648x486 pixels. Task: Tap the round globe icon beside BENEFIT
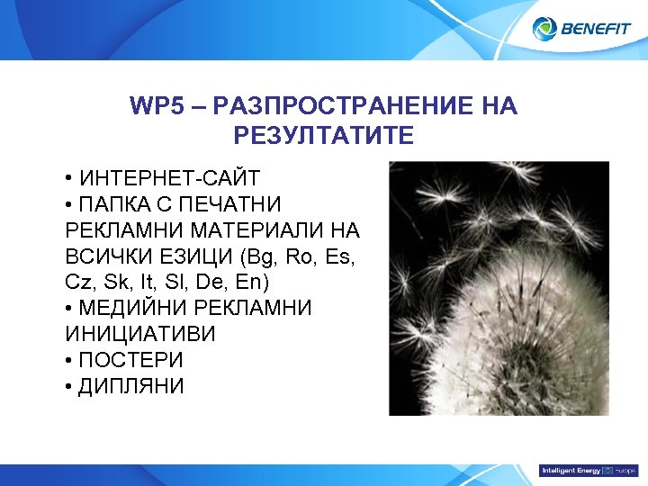tap(545, 29)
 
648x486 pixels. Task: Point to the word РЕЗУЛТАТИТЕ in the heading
tap(323, 136)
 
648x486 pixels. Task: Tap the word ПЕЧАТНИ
tap(235, 202)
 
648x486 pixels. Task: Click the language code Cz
tap(78, 282)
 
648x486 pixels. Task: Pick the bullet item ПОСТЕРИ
tap(131, 360)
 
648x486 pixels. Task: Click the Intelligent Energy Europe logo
tap(588, 471)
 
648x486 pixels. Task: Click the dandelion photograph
tap(499, 288)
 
